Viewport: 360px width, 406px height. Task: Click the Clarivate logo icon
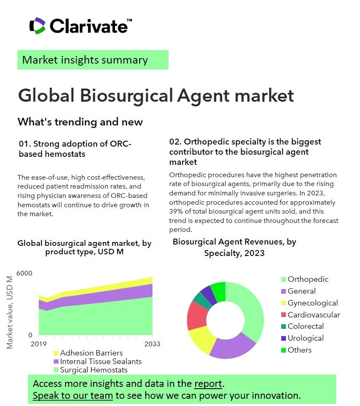click(38, 26)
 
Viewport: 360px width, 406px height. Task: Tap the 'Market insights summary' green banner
click(93, 60)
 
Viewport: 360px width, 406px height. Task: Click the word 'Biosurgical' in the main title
click(127, 96)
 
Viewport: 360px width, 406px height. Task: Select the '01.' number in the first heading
click(25, 144)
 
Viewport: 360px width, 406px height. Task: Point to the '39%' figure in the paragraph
click(176, 211)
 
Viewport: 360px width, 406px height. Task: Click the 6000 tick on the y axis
click(24, 273)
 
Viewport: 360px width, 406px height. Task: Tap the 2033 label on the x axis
click(152, 344)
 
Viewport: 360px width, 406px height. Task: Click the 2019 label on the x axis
click(39, 344)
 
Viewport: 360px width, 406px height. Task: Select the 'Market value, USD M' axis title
click(10, 312)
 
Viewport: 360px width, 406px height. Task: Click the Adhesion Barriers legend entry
click(88, 353)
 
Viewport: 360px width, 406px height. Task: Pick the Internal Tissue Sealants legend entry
click(97, 362)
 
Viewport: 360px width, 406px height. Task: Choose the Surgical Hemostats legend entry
click(91, 370)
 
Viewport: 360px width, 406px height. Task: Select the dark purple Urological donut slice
click(209, 295)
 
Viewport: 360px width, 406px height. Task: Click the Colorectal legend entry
click(302, 326)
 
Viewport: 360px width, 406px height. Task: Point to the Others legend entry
click(296, 350)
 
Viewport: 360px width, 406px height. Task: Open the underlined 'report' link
click(208, 384)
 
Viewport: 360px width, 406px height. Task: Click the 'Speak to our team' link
click(73, 396)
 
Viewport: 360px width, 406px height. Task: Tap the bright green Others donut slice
click(219, 292)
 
